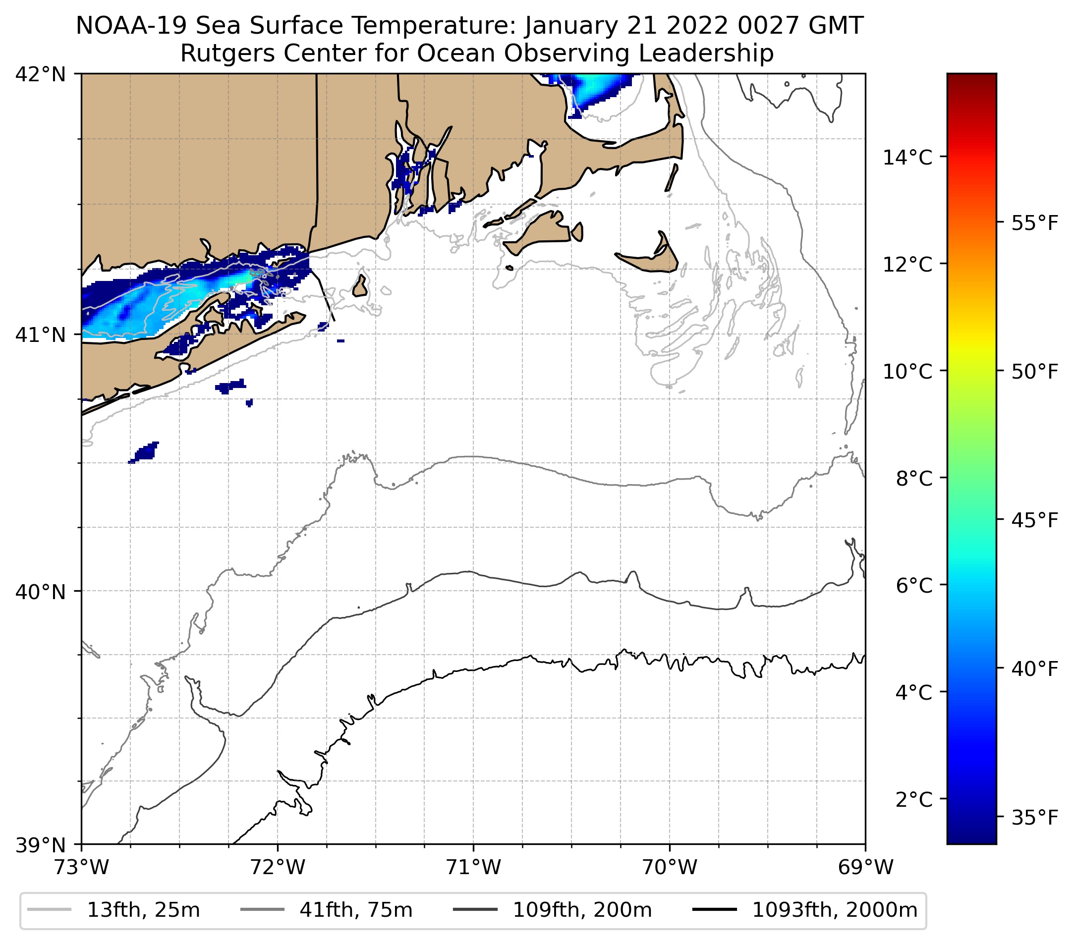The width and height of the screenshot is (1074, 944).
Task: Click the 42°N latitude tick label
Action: coord(41,75)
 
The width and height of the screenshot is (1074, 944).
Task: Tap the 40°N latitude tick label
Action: coord(41,592)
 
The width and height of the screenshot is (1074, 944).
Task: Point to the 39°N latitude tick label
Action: coord(41,845)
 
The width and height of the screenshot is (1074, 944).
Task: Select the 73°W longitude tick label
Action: coord(81,867)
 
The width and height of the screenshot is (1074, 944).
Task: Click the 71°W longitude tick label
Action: coord(473,867)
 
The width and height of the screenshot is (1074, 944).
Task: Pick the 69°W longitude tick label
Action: coord(865,867)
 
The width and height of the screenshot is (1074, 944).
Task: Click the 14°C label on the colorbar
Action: coord(907,157)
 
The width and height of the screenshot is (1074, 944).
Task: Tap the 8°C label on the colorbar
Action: coord(914,479)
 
